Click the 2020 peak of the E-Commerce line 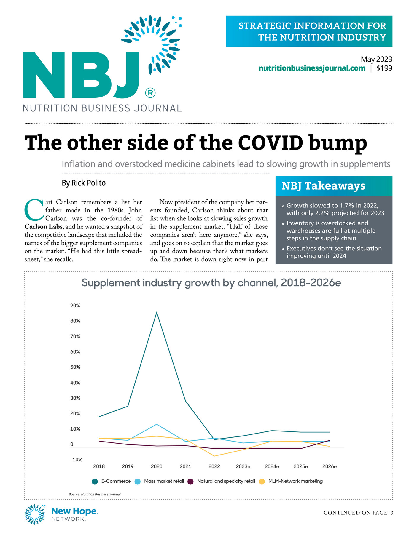tap(157, 312)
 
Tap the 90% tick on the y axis tap(75, 306)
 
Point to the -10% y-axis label tap(76, 460)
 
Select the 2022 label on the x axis tap(214, 466)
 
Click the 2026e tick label tap(330, 466)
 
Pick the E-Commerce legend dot tap(95, 482)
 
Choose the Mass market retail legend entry tap(159, 481)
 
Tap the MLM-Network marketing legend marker tap(262, 482)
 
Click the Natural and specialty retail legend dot tap(191, 482)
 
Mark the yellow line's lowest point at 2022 tap(214, 456)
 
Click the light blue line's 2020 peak tap(157, 424)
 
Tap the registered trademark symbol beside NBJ tap(150, 93)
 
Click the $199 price tap(384, 68)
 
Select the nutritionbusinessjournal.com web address tap(312, 68)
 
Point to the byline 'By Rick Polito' tap(84, 183)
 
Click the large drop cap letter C tap(34, 210)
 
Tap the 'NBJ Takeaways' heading tap(324, 186)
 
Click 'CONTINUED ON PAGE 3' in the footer tap(359, 513)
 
